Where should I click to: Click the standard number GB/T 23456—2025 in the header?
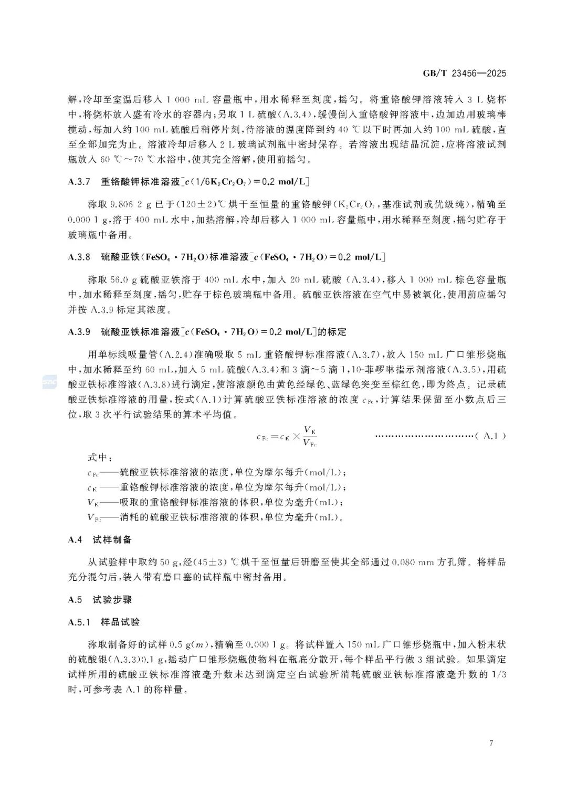(464, 73)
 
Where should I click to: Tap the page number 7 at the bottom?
(491, 743)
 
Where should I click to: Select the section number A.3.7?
(79, 182)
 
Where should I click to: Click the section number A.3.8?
(79, 257)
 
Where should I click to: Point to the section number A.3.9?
(79, 332)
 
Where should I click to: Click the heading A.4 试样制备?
(100, 539)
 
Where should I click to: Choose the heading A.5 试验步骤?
(100, 600)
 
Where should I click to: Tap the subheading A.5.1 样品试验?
(104, 622)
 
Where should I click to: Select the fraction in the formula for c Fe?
(310, 436)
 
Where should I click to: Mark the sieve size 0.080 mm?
(413, 562)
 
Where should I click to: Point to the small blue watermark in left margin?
(49, 382)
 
